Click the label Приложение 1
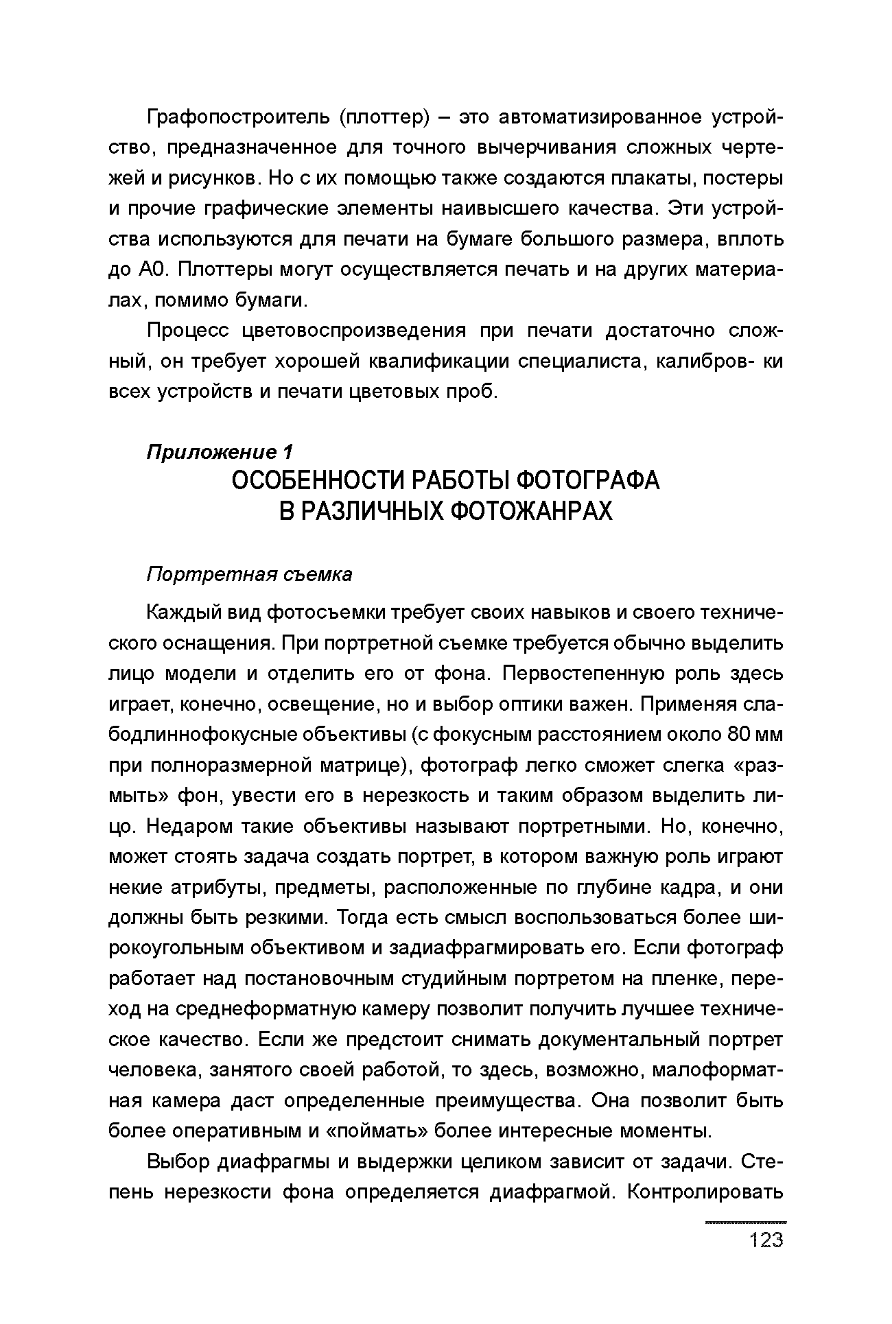coord(220,452)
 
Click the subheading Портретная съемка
coord(250,574)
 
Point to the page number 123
coord(766,1240)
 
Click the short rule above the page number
coord(746,1222)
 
